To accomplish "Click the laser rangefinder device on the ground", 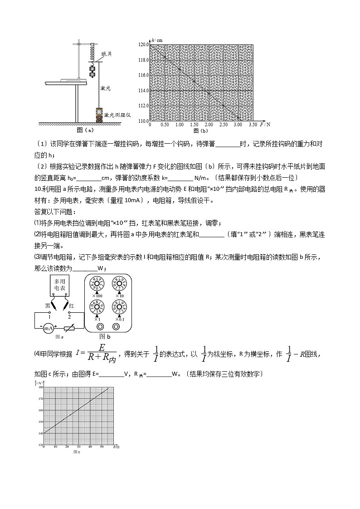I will (x=99, y=115).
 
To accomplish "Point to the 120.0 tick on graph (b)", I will (x=144, y=44).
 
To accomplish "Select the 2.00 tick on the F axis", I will (x=209, y=124).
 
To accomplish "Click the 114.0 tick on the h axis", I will (x=144, y=91).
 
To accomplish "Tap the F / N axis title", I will (x=265, y=124).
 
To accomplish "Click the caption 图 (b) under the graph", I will (x=200, y=131).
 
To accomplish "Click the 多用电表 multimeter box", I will (x=59, y=284).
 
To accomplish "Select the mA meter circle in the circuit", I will (x=49, y=327).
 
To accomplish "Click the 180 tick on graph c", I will (x=39, y=388).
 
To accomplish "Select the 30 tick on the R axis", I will (x=79, y=447).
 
